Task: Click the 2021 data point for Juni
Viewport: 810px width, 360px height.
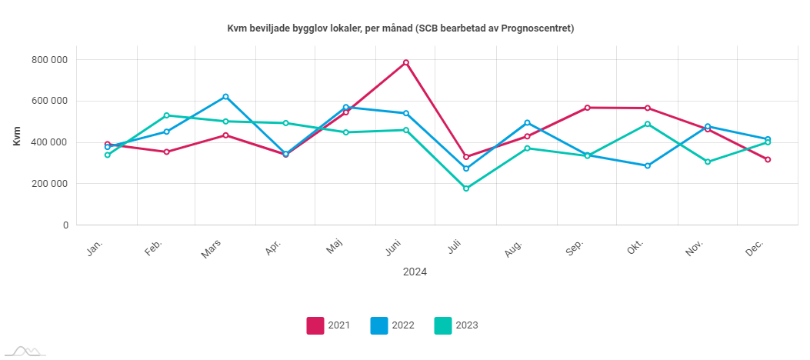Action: click(x=406, y=62)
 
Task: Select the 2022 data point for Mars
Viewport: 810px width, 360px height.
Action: click(x=226, y=97)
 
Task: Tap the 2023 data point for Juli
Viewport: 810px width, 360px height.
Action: click(x=466, y=188)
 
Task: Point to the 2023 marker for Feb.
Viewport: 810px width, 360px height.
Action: click(x=166, y=115)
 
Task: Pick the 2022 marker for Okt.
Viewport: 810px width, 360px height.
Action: click(x=648, y=165)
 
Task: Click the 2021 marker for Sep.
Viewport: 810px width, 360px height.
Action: click(x=588, y=108)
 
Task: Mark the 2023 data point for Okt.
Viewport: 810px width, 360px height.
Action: click(x=648, y=124)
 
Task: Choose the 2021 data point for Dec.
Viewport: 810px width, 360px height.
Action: click(x=768, y=159)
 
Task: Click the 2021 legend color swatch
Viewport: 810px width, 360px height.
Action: click(x=315, y=325)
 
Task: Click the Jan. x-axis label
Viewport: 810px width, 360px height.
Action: click(x=95, y=248)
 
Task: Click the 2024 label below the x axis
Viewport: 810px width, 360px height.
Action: click(x=415, y=272)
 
